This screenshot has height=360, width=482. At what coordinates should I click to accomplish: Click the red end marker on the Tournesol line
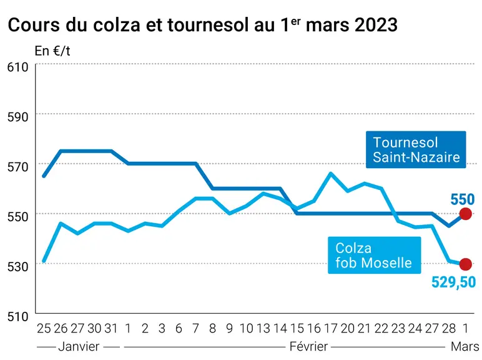(x=465, y=214)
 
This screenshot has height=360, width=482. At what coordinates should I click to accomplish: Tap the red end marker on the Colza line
(x=465, y=264)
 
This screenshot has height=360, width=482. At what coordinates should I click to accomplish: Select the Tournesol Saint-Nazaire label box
(x=416, y=149)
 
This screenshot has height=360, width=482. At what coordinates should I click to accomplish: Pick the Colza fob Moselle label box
(x=375, y=255)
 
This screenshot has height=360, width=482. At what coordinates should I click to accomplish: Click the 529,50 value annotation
(x=453, y=282)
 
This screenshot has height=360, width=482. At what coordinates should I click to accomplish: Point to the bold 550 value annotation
(x=463, y=199)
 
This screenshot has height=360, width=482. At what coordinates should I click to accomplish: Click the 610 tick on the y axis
(x=18, y=67)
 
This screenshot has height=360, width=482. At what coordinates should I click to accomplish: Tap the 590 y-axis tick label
(x=18, y=117)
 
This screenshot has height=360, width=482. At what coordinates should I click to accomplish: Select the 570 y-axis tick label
(x=18, y=167)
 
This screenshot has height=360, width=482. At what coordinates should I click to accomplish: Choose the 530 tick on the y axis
(x=18, y=266)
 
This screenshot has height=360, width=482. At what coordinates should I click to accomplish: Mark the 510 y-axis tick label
(x=18, y=316)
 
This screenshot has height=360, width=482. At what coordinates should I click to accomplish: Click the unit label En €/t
(x=52, y=51)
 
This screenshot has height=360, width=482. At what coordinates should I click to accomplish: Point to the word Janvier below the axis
(x=79, y=347)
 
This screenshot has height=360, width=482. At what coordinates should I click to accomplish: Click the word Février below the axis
(x=308, y=347)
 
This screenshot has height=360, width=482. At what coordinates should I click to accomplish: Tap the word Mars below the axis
(x=465, y=347)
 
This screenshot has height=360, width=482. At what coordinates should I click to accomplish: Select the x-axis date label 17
(x=331, y=329)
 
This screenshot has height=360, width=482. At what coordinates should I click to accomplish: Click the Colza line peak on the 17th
(x=331, y=173)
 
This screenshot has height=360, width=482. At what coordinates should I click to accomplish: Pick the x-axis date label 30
(x=94, y=329)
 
